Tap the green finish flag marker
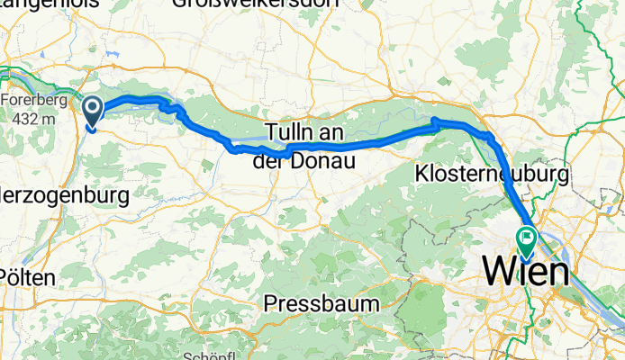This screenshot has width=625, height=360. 525,238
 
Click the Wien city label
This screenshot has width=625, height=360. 527,272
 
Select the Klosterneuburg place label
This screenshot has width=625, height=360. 492,172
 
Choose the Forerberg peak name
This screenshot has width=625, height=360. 32,100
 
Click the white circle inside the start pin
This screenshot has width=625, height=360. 93,110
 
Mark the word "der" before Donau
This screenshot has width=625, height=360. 279,159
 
